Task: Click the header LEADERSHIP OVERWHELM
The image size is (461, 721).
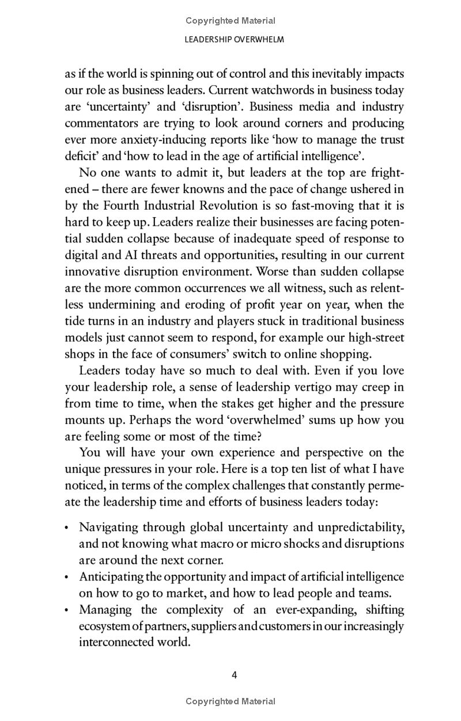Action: pyautogui.click(x=231, y=40)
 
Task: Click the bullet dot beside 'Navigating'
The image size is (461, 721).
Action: pyautogui.click(x=67, y=528)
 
